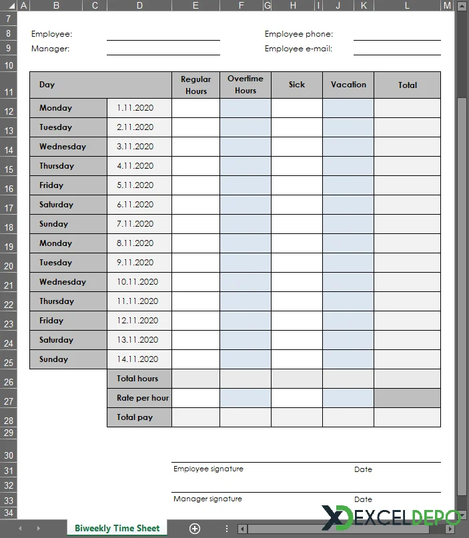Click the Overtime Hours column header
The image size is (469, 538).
pyautogui.click(x=246, y=85)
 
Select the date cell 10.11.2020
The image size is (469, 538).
pyautogui.click(x=137, y=282)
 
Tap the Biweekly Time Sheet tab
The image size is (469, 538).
pyautogui.click(x=117, y=529)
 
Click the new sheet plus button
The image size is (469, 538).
pyautogui.click(x=195, y=529)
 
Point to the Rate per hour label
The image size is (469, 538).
pyautogui.click(x=142, y=398)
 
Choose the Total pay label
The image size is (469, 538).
pyautogui.click(x=135, y=417)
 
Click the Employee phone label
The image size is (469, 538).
pyautogui.click(x=298, y=34)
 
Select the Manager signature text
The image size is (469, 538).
pyautogui.click(x=207, y=499)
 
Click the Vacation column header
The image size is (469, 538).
pyautogui.click(x=348, y=85)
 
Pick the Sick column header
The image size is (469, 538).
pyautogui.click(x=297, y=85)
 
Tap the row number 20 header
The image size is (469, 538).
pyautogui.click(x=9, y=266)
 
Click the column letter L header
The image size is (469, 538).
pyautogui.click(x=407, y=5)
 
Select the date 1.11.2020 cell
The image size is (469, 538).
pyautogui.click(x=135, y=108)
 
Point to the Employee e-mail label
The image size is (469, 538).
pyautogui.click(x=298, y=49)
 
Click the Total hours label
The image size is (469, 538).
pyautogui.click(x=137, y=379)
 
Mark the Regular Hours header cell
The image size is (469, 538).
pyautogui.click(x=195, y=85)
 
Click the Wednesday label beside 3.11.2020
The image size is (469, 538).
pyautogui.click(x=63, y=147)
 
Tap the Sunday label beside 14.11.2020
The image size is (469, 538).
pyautogui.click(x=53, y=359)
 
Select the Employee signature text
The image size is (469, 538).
pyautogui.click(x=208, y=469)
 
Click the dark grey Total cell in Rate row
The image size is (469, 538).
pyautogui.click(x=407, y=398)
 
